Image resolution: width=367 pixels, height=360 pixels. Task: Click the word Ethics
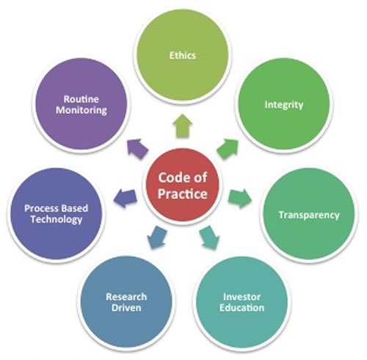click(x=183, y=55)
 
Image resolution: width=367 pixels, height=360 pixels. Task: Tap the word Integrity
click(x=284, y=105)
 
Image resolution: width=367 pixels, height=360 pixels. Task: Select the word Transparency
click(x=309, y=215)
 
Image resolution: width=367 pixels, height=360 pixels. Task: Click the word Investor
click(x=241, y=297)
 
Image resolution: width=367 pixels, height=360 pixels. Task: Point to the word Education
click(x=241, y=308)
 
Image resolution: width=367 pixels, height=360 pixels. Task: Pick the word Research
click(x=126, y=297)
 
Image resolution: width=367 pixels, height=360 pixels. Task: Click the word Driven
click(x=126, y=308)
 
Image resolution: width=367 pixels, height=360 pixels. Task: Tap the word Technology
click(x=57, y=220)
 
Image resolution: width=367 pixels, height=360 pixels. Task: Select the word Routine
click(x=81, y=99)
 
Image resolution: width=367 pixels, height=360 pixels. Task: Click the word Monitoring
click(x=81, y=110)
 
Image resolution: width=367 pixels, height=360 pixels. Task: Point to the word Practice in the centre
click(x=183, y=194)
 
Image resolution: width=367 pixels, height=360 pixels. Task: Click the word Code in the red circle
click(x=170, y=177)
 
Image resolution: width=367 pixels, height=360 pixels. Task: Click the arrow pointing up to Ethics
click(x=183, y=126)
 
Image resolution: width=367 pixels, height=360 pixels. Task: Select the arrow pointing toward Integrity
click(x=228, y=148)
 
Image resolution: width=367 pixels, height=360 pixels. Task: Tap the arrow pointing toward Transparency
click(x=240, y=198)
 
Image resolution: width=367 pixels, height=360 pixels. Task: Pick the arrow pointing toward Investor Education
click(x=209, y=237)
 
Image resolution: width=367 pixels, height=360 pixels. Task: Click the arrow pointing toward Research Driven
click(x=157, y=237)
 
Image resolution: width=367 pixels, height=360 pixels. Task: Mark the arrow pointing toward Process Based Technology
click(x=125, y=198)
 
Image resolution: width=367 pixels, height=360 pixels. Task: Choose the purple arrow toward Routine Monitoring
click(x=138, y=148)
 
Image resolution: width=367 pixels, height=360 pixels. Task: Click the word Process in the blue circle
click(x=40, y=209)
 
